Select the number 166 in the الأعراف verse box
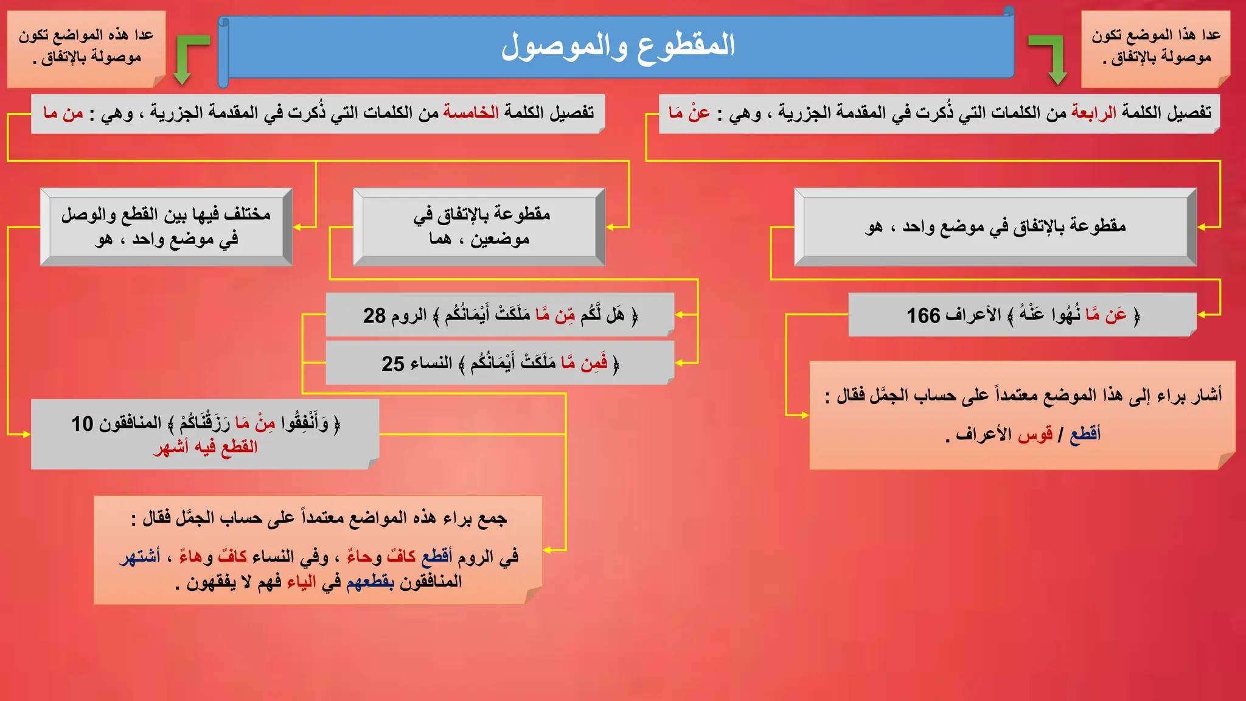pos(923,315)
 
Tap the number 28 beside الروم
pos(374,315)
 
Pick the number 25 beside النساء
pos(392,363)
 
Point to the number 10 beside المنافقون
pos(82,424)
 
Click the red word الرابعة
pos(1093,113)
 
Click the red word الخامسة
pos(470,113)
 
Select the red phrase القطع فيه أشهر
pos(206,447)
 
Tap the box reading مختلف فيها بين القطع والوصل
pos(166,226)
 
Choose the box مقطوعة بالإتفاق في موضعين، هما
pos(479,226)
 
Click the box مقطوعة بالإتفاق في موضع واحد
pos(995,227)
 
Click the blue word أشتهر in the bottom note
pos(140,556)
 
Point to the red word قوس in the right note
pos(1035,434)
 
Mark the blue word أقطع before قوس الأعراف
pos(1085,434)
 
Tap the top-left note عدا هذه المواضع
pos(86,47)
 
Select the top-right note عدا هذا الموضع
pos(1155,47)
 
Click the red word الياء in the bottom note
pos(302,582)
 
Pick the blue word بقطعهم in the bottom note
pos(370,582)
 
